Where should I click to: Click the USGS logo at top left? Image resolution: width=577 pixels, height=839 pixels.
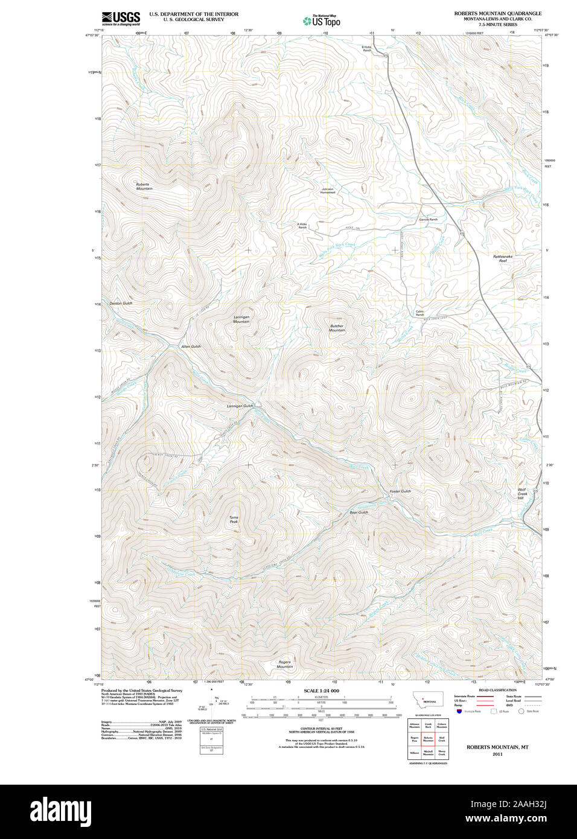(x=121, y=18)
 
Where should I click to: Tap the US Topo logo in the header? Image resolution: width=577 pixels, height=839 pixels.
(x=322, y=21)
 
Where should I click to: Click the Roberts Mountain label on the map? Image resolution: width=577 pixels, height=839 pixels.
(x=143, y=187)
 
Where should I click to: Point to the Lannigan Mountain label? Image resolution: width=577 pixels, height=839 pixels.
(x=241, y=319)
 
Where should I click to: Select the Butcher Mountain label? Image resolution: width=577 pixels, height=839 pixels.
(x=337, y=328)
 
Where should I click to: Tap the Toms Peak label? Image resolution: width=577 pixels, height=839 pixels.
(x=234, y=519)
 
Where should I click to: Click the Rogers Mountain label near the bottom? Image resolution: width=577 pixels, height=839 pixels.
(x=285, y=665)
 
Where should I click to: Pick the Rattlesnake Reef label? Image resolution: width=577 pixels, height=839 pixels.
(x=502, y=258)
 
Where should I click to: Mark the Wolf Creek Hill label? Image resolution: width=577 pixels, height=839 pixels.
(x=522, y=494)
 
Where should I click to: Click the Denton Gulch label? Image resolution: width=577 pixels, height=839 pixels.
(x=121, y=303)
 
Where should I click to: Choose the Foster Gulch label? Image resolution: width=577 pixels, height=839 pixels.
(x=400, y=491)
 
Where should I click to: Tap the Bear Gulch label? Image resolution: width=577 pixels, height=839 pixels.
(x=359, y=512)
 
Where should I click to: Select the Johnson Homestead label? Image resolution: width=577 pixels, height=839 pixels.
(x=327, y=191)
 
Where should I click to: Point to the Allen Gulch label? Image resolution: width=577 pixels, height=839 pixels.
(x=191, y=346)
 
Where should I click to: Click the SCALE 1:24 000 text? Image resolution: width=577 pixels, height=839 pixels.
(x=321, y=691)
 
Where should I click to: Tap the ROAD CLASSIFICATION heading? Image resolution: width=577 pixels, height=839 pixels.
(x=497, y=690)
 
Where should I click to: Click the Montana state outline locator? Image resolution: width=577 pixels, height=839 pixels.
(x=427, y=700)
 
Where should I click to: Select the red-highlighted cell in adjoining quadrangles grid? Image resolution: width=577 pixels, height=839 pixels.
(x=428, y=739)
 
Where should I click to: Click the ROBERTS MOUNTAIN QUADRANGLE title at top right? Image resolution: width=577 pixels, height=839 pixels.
(x=497, y=13)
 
